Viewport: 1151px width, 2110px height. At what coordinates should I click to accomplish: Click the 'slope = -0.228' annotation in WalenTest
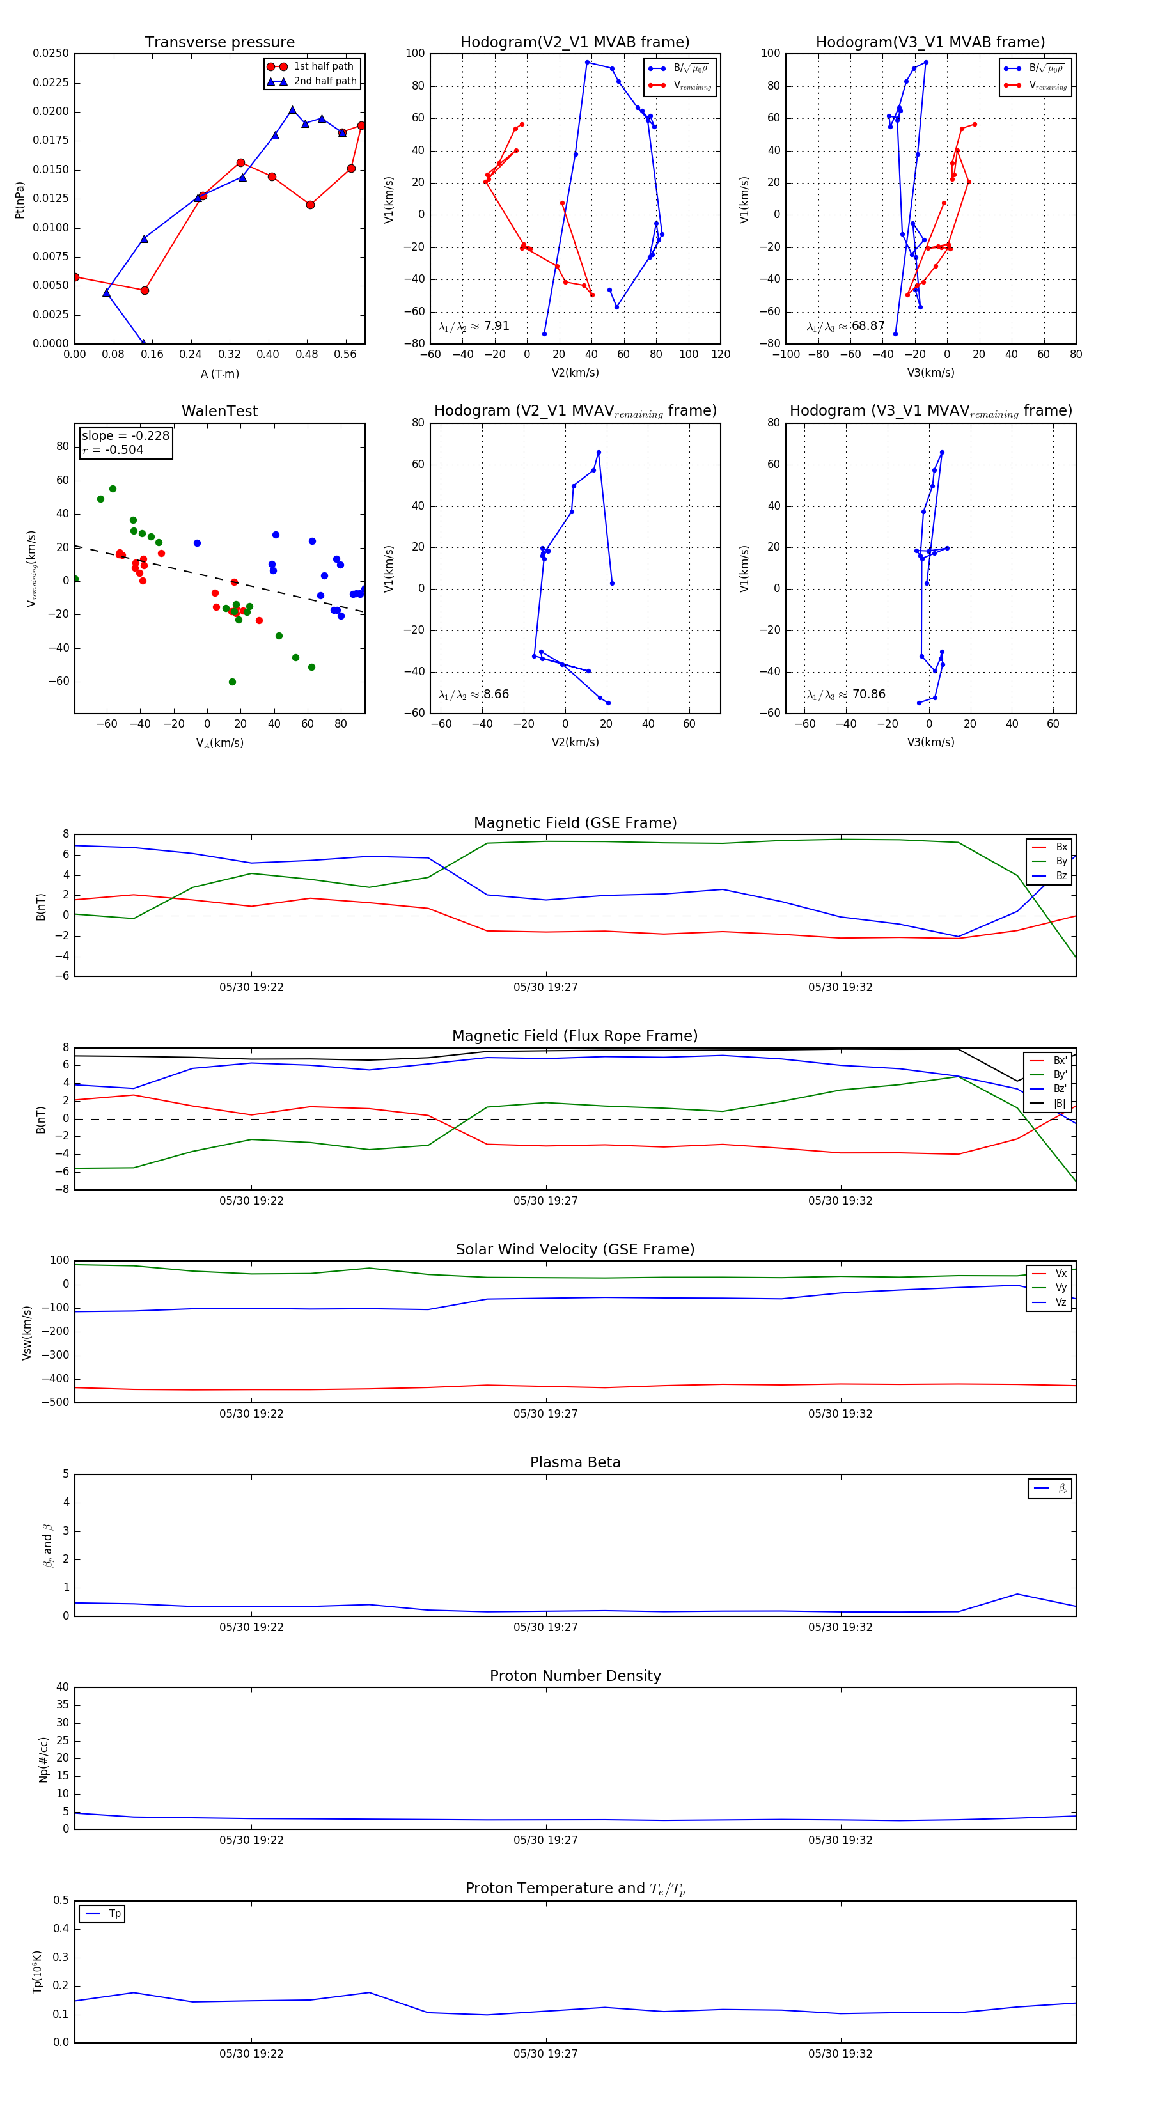(125, 436)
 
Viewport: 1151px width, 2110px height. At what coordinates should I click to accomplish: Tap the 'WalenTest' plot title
(219, 411)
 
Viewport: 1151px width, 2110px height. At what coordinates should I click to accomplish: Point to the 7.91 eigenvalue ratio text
(496, 326)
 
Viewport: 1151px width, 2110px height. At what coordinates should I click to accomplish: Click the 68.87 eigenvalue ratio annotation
(868, 326)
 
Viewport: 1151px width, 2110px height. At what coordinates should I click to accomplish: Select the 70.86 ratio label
(868, 694)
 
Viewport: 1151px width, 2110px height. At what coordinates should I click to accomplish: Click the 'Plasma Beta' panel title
(575, 1463)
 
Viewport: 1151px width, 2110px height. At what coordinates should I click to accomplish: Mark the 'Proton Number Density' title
(575, 1676)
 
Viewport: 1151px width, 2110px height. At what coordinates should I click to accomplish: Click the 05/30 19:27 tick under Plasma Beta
(545, 1627)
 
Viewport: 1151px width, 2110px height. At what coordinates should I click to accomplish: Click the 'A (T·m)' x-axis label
(219, 374)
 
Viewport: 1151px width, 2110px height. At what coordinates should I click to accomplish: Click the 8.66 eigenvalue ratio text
(496, 694)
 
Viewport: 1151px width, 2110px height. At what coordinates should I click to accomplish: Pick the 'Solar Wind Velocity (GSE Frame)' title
(575, 1250)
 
